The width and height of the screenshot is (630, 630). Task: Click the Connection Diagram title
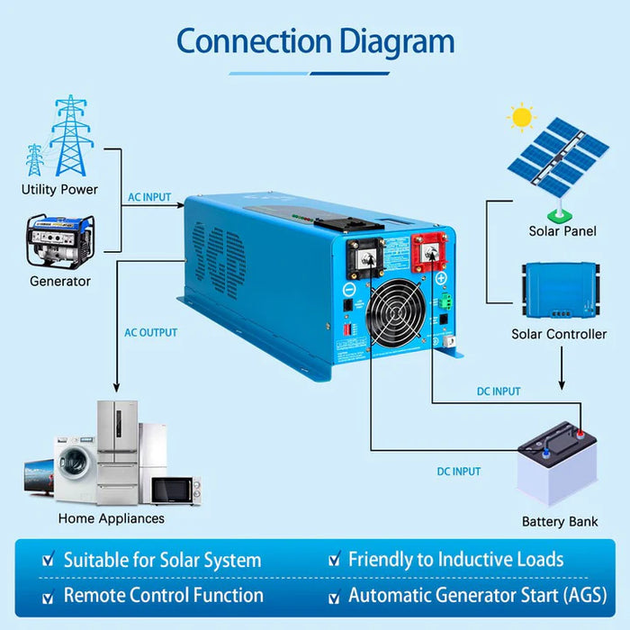click(315, 41)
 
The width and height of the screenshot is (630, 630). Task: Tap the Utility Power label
click(59, 190)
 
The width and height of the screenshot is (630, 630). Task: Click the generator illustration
click(59, 240)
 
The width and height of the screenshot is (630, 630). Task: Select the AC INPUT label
click(148, 197)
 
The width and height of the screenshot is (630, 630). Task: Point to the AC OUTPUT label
click(150, 333)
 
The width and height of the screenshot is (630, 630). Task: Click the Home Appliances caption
click(112, 518)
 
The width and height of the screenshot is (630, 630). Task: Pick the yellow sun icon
click(520, 117)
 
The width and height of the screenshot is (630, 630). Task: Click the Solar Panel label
click(562, 231)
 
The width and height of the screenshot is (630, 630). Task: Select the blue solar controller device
click(559, 289)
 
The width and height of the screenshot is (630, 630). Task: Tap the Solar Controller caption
click(559, 334)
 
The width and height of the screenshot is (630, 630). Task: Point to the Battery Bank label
click(560, 522)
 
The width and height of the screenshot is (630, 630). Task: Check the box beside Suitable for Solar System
click(49, 561)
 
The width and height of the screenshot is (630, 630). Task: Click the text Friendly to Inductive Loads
click(455, 560)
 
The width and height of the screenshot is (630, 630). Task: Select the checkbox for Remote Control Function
click(49, 597)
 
